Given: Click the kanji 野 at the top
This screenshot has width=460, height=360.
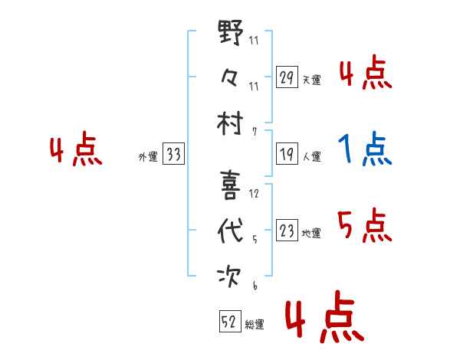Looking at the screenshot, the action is pyautogui.click(x=231, y=32).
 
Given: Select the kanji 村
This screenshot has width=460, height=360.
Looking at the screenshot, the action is pyautogui.click(x=230, y=123).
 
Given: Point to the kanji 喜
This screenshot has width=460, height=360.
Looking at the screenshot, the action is pyautogui.click(x=230, y=185).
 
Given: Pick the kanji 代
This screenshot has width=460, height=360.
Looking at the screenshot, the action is pyautogui.click(x=231, y=231).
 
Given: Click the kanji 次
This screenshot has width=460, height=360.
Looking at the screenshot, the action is pyautogui.click(x=229, y=277).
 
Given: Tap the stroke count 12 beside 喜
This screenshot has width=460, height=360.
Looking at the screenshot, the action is pyautogui.click(x=254, y=194).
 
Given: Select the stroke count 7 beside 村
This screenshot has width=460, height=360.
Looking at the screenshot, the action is pyautogui.click(x=255, y=132).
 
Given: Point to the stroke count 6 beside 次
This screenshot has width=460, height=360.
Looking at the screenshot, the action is pyautogui.click(x=255, y=285).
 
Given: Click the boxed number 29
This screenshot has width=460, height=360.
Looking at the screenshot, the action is pyautogui.click(x=287, y=77).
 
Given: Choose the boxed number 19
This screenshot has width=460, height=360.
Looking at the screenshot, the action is pyautogui.click(x=287, y=154).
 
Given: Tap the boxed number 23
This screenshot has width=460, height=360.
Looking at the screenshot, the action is pyautogui.click(x=287, y=230).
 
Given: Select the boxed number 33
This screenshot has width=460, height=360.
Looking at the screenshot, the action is pyautogui.click(x=173, y=154).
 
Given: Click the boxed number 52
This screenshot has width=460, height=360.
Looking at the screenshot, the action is pyautogui.click(x=230, y=321).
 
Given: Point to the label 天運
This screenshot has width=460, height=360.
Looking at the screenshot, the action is pyautogui.click(x=312, y=80).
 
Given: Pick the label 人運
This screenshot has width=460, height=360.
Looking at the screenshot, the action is pyautogui.click(x=312, y=156).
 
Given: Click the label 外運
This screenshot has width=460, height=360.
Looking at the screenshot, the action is pyautogui.click(x=148, y=157).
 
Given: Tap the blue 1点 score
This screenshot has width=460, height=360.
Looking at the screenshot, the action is pyautogui.click(x=365, y=149).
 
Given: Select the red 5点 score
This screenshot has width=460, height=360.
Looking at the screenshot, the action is pyautogui.click(x=365, y=225).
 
